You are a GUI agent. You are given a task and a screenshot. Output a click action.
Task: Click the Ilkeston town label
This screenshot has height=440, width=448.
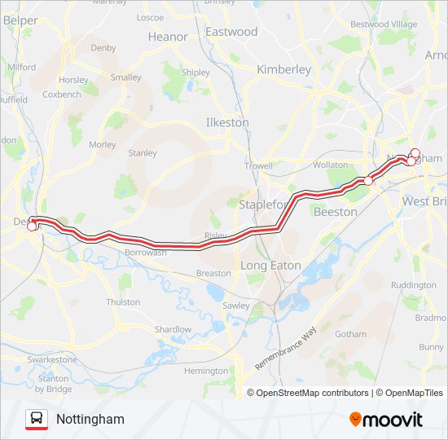pos(227,122)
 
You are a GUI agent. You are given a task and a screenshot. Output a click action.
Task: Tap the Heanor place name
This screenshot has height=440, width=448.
pos(168,37)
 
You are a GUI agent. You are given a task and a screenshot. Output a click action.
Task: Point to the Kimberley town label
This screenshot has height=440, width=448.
pos(283,69)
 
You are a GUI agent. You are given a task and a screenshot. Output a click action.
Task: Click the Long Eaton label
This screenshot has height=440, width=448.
pos(270,266)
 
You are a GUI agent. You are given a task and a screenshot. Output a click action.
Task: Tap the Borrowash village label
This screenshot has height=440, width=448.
pos(146,253)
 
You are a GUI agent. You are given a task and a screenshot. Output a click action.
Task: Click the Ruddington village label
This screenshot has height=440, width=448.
pos(414,285)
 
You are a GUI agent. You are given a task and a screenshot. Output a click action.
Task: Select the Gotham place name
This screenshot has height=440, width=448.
pos(350,334)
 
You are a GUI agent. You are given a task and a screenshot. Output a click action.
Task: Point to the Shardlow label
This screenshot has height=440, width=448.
pos(173,329)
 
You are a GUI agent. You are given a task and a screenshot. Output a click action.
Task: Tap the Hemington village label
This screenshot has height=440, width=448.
pos(206,371)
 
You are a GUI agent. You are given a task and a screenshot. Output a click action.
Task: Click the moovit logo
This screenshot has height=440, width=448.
pos(386,420)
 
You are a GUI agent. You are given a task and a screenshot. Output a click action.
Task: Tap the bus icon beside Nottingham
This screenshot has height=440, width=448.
pos(37,419)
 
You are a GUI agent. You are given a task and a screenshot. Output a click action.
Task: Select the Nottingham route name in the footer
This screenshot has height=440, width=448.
pos(90,419)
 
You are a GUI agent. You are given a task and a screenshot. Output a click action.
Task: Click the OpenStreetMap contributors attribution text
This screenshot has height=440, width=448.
pos(312,393)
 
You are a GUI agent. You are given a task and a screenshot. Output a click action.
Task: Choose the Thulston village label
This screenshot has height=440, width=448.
pos(123,301)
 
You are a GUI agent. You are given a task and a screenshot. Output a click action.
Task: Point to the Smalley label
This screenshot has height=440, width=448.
pos(126,77)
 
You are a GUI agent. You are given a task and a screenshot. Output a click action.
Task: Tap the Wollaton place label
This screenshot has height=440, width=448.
pos(331,165)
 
